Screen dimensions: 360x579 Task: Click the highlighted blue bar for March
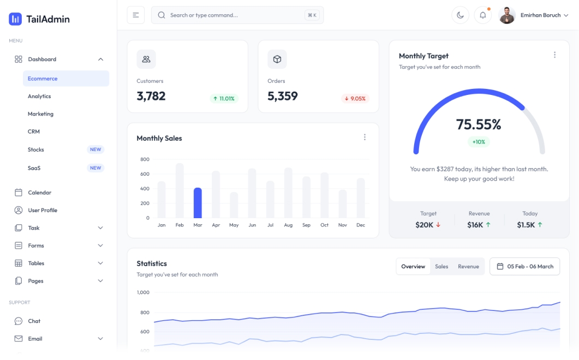(198, 203)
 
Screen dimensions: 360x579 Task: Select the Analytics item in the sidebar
(39, 97)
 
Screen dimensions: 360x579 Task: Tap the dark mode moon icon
(460, 15)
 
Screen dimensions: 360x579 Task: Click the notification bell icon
(482, 15)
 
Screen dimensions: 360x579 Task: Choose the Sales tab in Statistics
(441, 267)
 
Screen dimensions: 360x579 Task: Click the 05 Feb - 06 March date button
(524, 267)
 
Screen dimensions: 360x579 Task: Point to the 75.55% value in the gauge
(479, 125)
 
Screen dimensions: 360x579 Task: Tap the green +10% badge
(479, 142)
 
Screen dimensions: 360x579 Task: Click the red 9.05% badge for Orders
(355, 99)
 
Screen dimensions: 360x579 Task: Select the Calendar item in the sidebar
(39, 193)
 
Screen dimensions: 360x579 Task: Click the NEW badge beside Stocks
(95, 149)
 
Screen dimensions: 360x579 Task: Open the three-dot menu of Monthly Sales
(365, 137)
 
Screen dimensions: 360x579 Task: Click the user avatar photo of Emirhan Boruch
(507, 15)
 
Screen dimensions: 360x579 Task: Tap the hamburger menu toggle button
(136, 15)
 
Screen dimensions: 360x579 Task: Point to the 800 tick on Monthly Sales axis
(145, 159)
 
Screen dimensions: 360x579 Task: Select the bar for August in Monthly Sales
(288, 193)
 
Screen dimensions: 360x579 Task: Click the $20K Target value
(425, 225)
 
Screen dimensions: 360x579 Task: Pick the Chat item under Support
(34, 321)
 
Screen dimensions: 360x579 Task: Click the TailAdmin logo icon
(15, 19)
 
